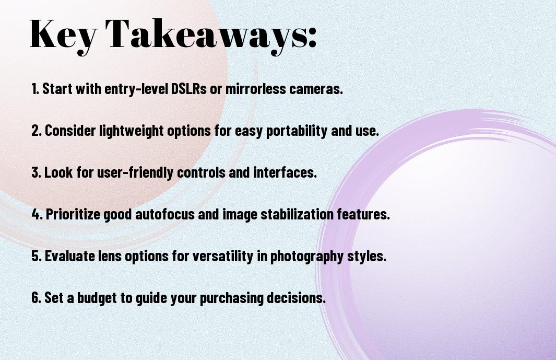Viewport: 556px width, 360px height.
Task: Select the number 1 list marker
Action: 35,89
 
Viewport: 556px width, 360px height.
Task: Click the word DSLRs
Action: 188,89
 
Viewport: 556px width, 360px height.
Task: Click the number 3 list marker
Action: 36,172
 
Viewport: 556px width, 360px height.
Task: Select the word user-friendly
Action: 135,173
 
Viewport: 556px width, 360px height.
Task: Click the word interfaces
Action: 285,172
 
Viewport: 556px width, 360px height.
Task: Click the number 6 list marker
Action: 36,298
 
